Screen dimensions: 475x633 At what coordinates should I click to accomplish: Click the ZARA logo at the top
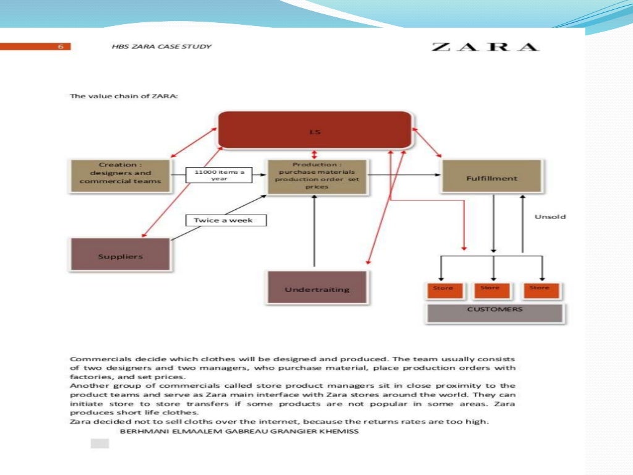[x=485, y=47]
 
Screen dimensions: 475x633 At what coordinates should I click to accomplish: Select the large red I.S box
[x=315, y=131]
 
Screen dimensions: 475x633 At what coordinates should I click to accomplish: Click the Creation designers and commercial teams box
[x=120, y=173]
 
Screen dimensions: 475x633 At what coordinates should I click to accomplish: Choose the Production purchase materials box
[x=316, y=176]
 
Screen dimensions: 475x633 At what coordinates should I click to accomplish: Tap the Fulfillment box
[x=491, y=178]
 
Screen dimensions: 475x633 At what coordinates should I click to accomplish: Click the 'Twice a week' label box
[x=226, y=220]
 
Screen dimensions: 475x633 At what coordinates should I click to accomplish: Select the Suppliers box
[x=120, y=254]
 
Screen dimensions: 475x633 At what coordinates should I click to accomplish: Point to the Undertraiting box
[x=316, y=288]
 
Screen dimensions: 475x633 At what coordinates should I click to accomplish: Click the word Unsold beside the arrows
[x=550, y=217]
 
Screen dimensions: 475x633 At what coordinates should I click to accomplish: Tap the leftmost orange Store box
[x=443, y=289]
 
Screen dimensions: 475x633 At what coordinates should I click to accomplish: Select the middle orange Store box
[x=490, y=289]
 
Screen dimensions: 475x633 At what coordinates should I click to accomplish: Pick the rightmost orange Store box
[x=540, y=289]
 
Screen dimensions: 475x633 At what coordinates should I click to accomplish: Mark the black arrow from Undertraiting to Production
[x=315, y=235]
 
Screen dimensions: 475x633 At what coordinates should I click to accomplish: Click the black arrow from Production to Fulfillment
[x=402, y=175]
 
